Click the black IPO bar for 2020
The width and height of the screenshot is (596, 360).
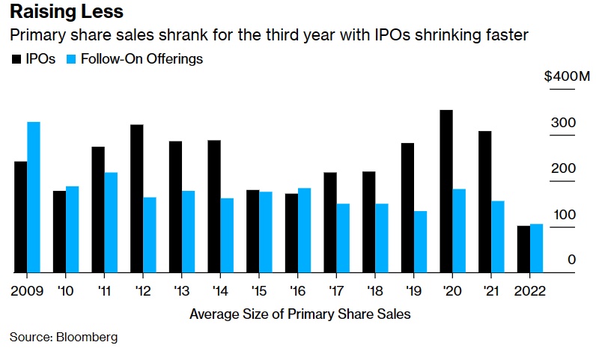pyautogui.click(x=446, y=191)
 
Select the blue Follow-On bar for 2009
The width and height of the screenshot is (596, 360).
pyautogui.click(x=34, y=197)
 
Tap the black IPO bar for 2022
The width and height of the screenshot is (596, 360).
pyautogui.click(x=523, y=248)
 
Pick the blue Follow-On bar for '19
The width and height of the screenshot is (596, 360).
pyautogui.click(x=421, y=241)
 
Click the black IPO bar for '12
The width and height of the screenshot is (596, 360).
pyautogui.click(x=136, y=198)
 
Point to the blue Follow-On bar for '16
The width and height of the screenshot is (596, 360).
pyautogui.click(x=305, y=230)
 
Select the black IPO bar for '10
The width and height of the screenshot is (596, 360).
pyautogui.click(x=58, y=231)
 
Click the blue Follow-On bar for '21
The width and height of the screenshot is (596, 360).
pyautogui.click(x=498, y=237)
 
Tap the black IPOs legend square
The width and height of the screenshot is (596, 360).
pyautogui.click(x=15, y=58)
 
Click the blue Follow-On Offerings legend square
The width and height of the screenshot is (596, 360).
pyautogui.click(x=71, y=58)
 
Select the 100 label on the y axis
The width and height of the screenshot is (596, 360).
pyautogui.click(x=565, y=215)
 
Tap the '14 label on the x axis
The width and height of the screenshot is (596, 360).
pyautogui.click(x=219, y=290)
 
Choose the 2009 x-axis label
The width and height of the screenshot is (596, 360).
pyautogui.click(x=27, y=290)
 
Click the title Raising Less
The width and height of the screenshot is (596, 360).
pyautogui.click(x=66, y=13)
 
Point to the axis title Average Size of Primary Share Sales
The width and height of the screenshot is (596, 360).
pyautogui.click(x=300, y=314)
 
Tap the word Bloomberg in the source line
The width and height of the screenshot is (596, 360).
pyautogui.click(x=88, y=338)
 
